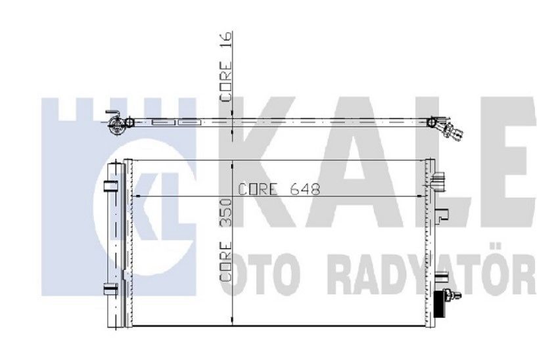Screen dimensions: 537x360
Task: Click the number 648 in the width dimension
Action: coord(305,189)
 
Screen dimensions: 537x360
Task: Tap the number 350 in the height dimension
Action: coord(226,212)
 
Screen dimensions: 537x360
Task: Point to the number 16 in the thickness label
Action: coord(226,40)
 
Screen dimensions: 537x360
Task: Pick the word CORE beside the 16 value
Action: coord(226,81)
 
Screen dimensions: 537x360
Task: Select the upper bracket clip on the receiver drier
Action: coord(111,186)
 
